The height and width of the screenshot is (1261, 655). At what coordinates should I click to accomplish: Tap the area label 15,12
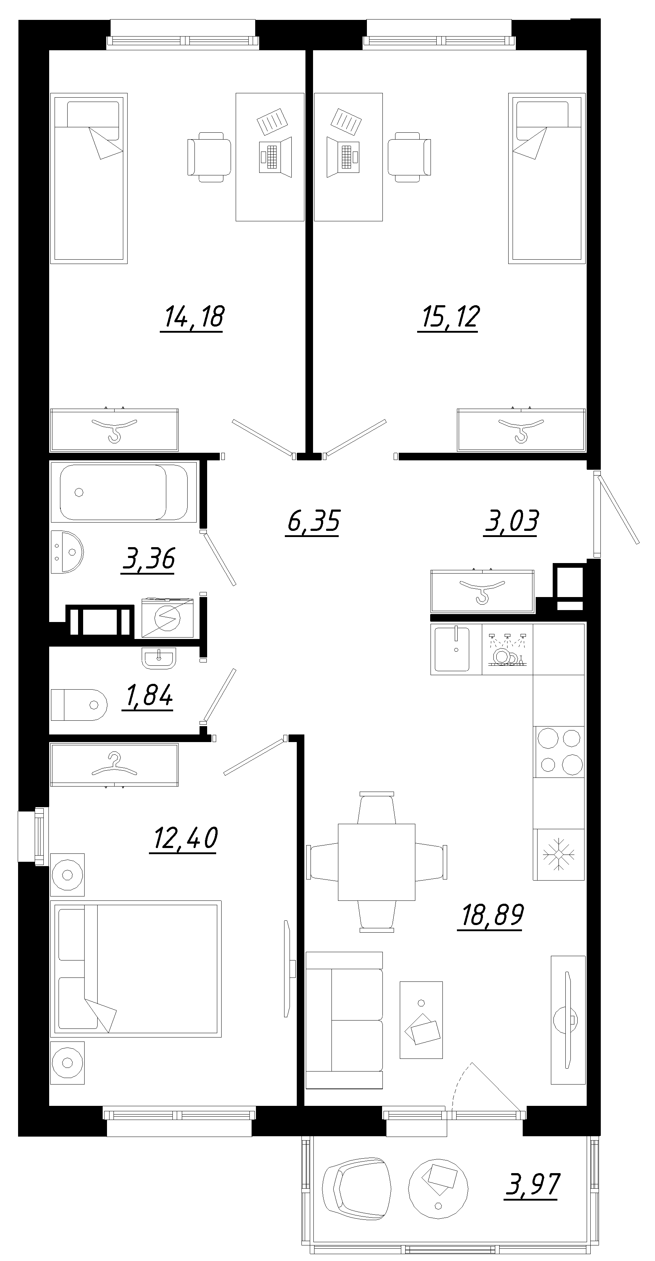point(449,317)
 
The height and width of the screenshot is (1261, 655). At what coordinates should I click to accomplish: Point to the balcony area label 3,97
point(532,1185)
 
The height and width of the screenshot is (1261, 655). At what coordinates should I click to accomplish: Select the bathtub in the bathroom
point(123,492)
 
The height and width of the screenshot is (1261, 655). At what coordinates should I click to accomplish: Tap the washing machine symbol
point(167,618)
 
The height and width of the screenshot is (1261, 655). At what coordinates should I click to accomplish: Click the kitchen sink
point(453,649)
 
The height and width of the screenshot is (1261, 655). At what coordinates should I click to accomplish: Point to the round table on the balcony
point(438,1188)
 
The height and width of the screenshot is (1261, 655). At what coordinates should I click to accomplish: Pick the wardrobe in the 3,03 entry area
point(482,591)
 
